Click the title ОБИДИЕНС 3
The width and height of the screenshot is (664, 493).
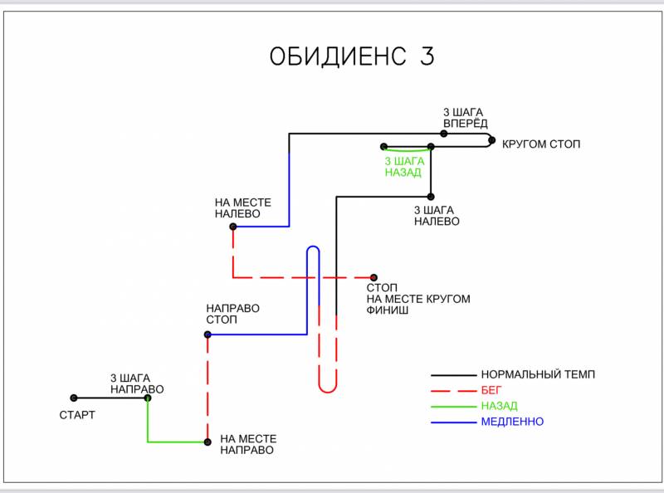(352, 57)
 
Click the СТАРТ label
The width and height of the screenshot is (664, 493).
(77, 415)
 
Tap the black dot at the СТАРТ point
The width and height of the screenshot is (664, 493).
(74, 398)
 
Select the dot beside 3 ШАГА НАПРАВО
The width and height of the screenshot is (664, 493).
(148, 398)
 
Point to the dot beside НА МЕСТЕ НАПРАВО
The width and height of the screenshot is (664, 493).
(207, 442)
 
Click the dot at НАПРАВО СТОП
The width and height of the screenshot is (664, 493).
(207, 334)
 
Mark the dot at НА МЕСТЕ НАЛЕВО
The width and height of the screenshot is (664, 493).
(233, 227)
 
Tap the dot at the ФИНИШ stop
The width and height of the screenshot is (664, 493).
(374, 277)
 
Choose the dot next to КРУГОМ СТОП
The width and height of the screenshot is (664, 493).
(491, 140)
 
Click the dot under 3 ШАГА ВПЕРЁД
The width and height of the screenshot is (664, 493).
(444, 134)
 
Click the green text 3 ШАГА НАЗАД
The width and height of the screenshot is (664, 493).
(404, 167)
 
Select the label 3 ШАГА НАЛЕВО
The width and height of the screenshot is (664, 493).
(437, 216)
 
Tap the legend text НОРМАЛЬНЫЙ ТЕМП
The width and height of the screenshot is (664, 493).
(538, 374)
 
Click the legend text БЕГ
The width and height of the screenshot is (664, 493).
(491, 390)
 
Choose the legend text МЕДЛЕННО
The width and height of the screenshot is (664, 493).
(512, 422)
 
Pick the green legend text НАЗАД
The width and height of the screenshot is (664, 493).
(499, 406)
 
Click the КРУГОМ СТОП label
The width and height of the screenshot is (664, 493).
(541, 144)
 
